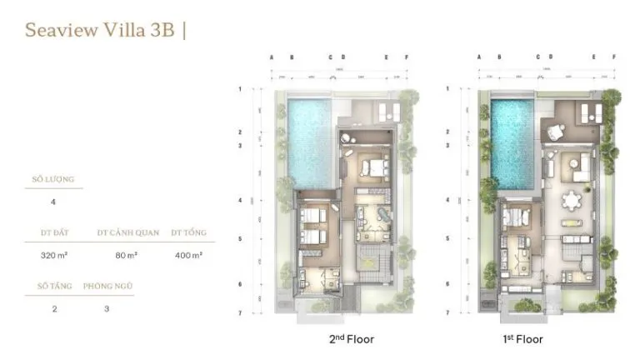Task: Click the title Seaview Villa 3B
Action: (100, 31)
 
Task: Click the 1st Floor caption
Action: (523, 339)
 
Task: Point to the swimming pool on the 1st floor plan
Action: (512, 142)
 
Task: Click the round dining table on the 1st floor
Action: (572, 201)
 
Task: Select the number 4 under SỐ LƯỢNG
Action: (53, 202)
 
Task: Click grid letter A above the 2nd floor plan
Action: (272, 57)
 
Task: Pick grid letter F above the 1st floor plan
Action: (614, 57)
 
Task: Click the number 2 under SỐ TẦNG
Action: (52, 307)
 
